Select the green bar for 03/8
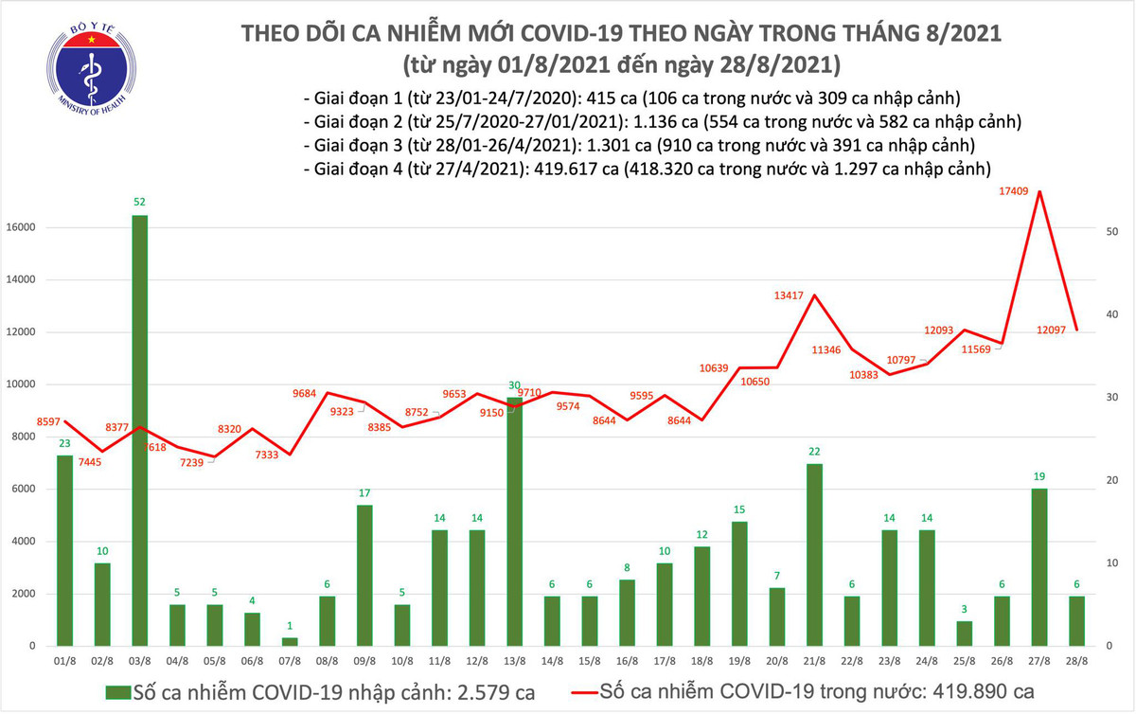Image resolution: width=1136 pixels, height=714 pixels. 139,431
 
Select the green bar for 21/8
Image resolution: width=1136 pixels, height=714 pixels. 814,555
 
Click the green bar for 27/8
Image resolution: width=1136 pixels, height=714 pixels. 1039,567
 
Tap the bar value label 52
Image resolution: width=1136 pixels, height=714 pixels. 139,202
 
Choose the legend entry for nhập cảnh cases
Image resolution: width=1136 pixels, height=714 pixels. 312,689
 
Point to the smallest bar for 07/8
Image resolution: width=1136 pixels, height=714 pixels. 289,642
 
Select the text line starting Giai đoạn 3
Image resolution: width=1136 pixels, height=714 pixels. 639,146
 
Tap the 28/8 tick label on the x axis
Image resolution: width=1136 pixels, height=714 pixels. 1077,661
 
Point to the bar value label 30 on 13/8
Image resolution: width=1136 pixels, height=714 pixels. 513,385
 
